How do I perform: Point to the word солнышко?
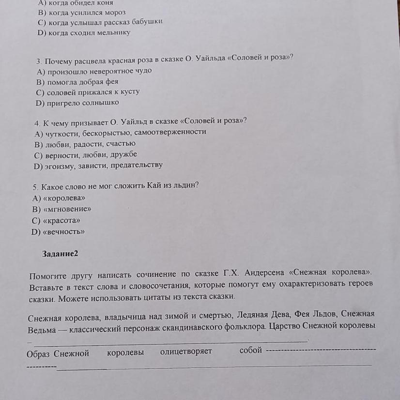100,103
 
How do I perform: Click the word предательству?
137,165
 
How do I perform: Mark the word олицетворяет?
186,352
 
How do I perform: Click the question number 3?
38,62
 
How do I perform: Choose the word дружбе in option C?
125,154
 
